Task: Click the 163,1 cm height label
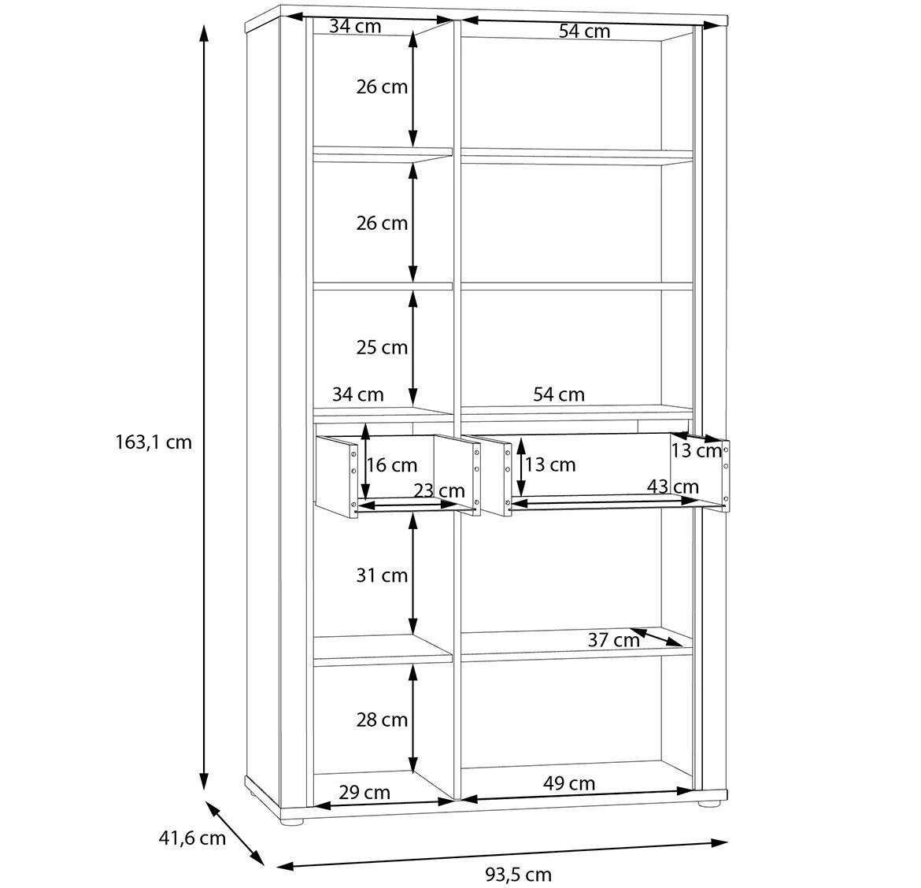coord(153,442)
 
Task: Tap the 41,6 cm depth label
coord(192,838)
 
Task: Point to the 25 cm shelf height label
coord(382,347)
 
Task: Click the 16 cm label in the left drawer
coord(392,465)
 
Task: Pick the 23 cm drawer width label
coord(439,491)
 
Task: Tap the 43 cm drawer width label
coord(673,487)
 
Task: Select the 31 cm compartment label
coord(382,575)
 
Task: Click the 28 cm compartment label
coord(382,720)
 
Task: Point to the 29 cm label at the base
coord(364,792)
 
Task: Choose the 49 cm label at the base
coord(569,783)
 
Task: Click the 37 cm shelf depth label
coord(614,640)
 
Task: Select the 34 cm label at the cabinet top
coord(355,26)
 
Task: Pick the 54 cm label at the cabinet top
coord(585,31)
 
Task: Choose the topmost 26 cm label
coord(382,87)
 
